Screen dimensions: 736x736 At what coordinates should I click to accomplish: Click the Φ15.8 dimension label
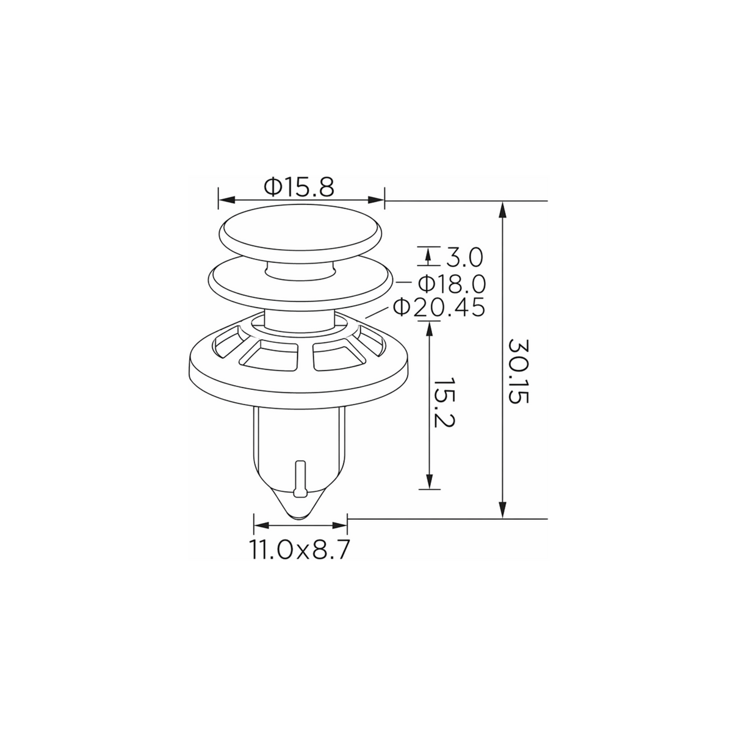click(x=299, y=187)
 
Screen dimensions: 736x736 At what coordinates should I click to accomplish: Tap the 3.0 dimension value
click(x=464, y=258)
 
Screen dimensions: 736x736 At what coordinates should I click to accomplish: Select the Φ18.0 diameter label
click(x=452, y=284)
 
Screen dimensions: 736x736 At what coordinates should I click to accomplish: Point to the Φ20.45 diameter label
click(x=439, y=308)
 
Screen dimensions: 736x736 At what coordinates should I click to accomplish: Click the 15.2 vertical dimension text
click(x=444, y=403)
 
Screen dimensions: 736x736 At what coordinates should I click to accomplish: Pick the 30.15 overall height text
click(x=518, y=371)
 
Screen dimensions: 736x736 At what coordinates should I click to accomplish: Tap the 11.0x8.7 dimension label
click(x=299, y=550)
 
